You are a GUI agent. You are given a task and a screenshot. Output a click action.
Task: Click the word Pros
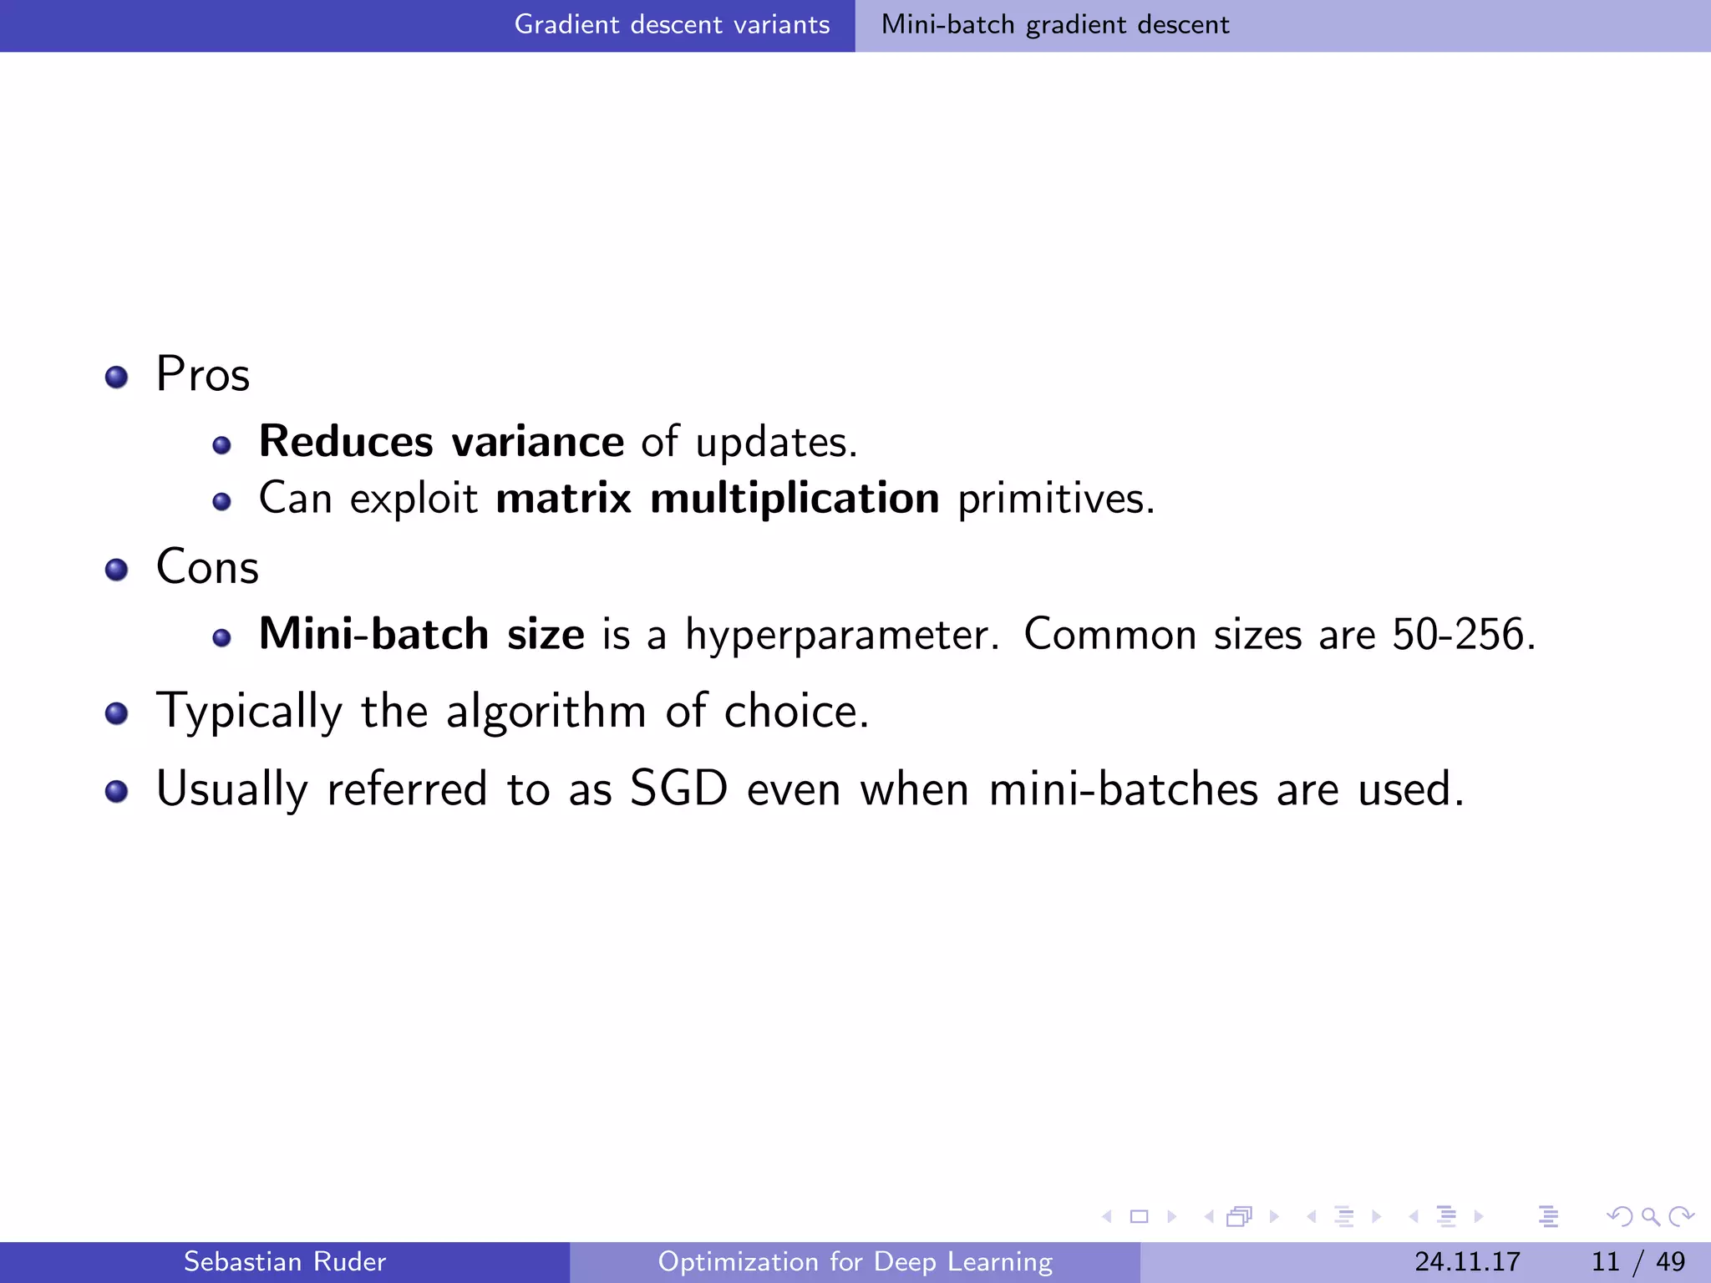pyautogui.click(x=203, y=374)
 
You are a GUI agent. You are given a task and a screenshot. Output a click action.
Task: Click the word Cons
pyautogui.click(x=207, y=567)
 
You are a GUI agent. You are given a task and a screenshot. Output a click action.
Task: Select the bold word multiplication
pyautogui.click(x=795, y=499)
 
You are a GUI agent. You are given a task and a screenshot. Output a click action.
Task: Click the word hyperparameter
pyautogui.click(x=840, y=636)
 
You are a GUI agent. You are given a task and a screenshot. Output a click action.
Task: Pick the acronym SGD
pyautogui.click(x=678, y=789)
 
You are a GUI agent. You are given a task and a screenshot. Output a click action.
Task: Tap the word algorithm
pyautogui.click(x=546, y=712)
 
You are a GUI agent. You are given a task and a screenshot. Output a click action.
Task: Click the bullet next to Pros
pyautogui.click(x=117, y=377)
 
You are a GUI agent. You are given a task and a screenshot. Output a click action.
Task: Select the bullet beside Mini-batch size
pyautogui.click(x=221, y=638)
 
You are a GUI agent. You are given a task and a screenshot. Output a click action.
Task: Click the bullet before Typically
pyautogui.click(x=117, y=714)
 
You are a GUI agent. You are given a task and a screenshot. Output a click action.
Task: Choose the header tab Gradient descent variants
pyautogui.click(x=672, y=25)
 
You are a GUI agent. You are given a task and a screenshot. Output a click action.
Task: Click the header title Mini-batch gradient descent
pyautogui.click(x=1055, y=25)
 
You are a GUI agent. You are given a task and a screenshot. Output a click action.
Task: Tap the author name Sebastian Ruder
pyautogui.click(x=285, y=1261)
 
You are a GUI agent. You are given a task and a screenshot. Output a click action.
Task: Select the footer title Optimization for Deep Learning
pyautogui.click(x=855, y=1261)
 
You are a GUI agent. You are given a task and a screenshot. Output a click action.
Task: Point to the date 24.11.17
pyautogui.click(x=1467, y=1261)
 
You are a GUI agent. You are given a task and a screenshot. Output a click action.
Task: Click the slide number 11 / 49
pyautogui.click(x=1638, y=1261)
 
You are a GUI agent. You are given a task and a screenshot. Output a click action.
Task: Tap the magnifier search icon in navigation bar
pyautogui.click(x=1650, y=1216)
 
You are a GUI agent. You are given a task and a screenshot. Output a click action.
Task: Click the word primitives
pyautogui.click(x=1056, y=499)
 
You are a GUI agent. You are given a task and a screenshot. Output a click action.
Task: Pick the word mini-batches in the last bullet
pyautogui.click(x=1123, y=789)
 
